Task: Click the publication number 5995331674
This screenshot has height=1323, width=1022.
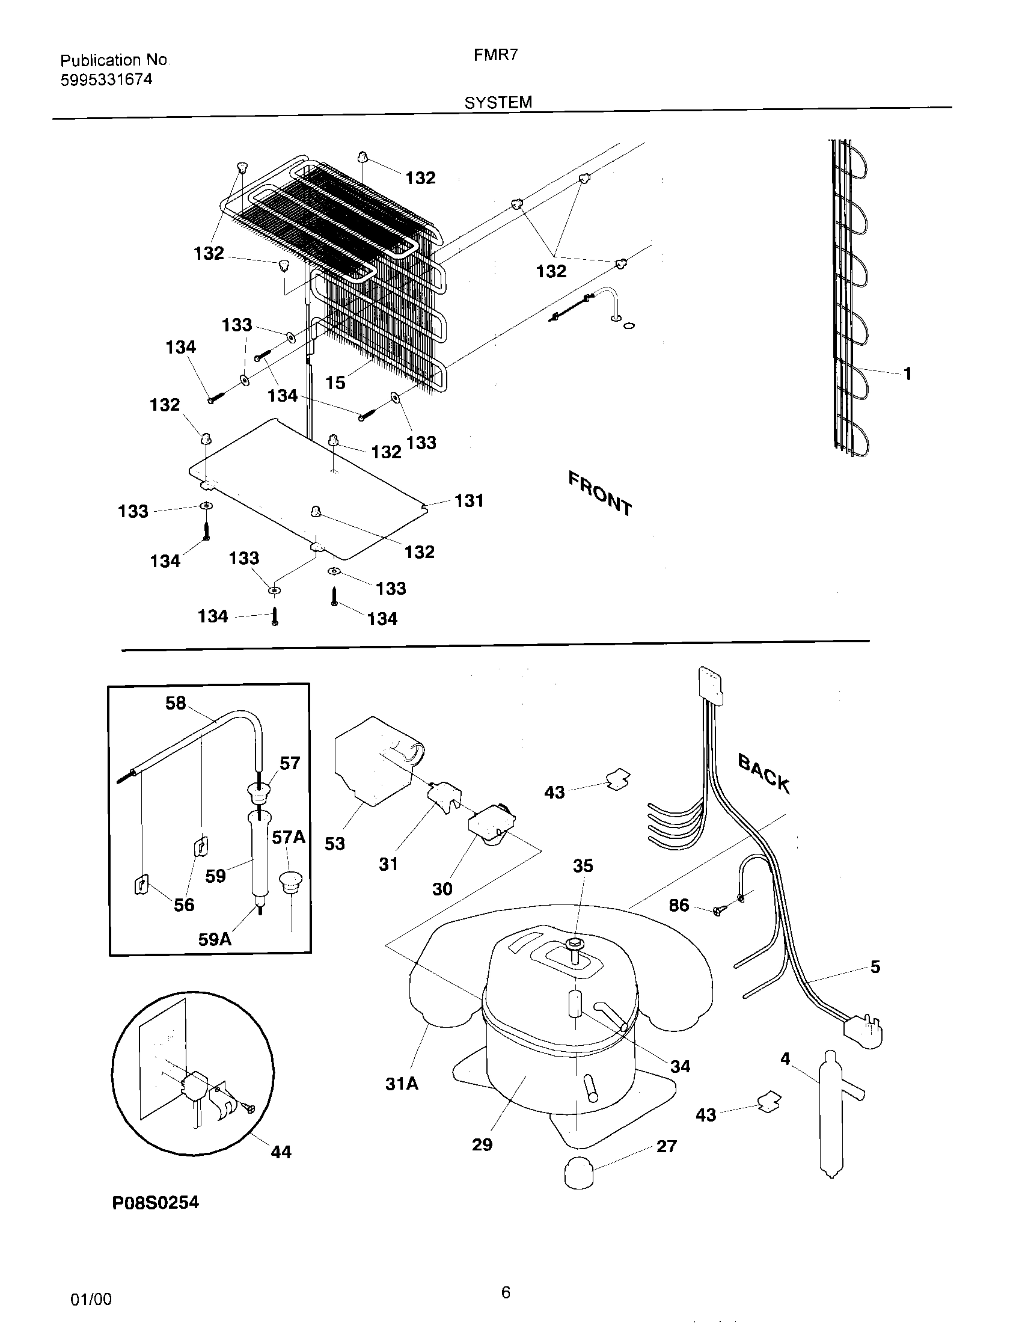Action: click(106, 80)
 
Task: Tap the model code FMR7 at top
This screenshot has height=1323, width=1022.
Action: click(495, 55)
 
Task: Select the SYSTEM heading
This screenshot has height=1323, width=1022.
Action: click(498, 102)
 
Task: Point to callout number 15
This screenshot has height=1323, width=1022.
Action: click(335, 383)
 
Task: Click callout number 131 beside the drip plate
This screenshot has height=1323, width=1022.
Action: click(470, 500)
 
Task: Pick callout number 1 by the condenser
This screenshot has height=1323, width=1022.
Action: click(907, 374)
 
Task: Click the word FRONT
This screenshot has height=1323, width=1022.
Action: click(600, 494)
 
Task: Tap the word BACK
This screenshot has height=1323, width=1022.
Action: click(764, 773)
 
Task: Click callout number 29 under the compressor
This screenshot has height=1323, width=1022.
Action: click(482, 1144)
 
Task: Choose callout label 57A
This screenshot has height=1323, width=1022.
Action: click(288, 837)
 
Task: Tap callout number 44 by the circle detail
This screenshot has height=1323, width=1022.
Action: click(281, 1152)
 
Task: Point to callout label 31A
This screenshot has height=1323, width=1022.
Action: click(402, 1084)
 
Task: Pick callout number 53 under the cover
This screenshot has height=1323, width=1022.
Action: click(334, 843)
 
